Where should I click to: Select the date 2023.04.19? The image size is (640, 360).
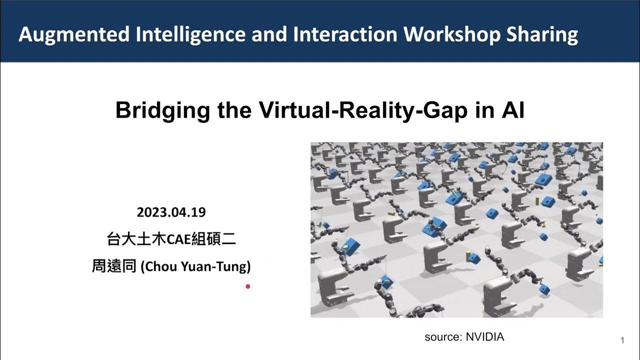tap(171, 212)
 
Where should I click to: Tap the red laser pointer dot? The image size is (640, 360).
tap(247, 286)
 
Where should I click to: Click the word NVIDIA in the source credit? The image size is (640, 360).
tap(485, 337)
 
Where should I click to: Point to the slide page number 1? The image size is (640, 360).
tap(622, 341)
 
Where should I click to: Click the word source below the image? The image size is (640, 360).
tap(442, 337)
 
